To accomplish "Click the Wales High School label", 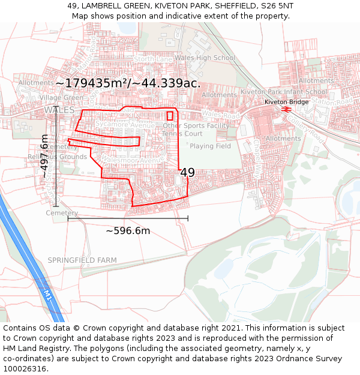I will (208, 58).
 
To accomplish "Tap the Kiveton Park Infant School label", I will (284, 92).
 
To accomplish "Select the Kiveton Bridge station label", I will (287, 102).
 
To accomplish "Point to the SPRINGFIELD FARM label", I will (82, 260).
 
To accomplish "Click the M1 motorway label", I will (47, 294).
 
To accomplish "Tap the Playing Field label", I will (211, 146).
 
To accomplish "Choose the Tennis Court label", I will (182, 134).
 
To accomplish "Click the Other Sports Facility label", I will (196, 126).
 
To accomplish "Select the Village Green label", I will (61, 97).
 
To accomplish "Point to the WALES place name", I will (59, 110).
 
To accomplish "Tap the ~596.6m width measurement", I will (128, 230).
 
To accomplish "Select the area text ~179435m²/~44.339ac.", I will (128, 83).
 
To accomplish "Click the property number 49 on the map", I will (187, 173).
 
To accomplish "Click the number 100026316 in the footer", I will (26, 368).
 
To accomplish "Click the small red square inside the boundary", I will (170, 116).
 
